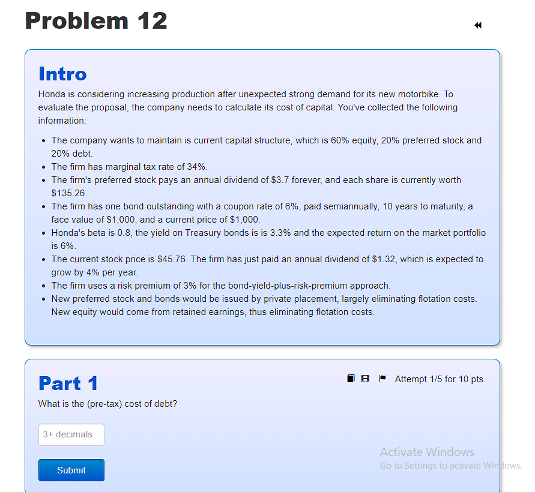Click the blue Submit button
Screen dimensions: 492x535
[71, 470]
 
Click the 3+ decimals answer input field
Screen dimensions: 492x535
[71, 434]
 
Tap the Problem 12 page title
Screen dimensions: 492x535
[96, 21]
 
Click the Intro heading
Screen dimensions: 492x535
[62, 74]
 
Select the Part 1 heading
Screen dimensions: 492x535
[68, 383]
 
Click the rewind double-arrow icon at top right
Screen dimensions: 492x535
[477, 25]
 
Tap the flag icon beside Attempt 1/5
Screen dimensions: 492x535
[382, 379]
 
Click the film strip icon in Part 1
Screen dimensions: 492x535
[365, 379]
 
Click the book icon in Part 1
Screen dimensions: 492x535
[351, 379]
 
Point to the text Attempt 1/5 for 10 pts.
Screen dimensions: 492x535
[440, 379]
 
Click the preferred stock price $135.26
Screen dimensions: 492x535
[69, 193]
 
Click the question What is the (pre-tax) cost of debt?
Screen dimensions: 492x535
[107, 404]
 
